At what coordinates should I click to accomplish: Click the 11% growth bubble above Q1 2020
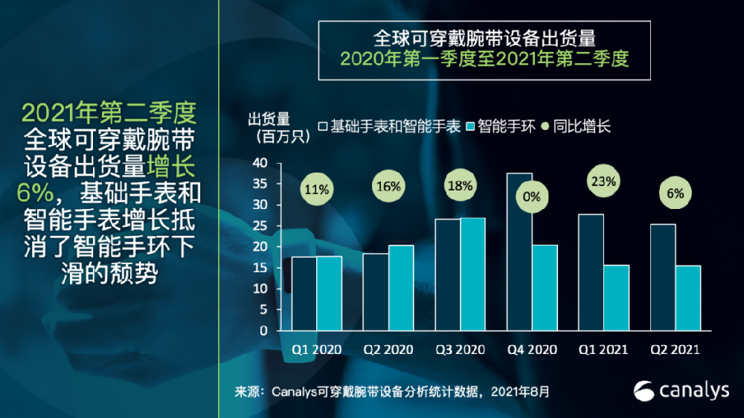tap(316, 189)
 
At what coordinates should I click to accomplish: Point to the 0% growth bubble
tap(531, 197)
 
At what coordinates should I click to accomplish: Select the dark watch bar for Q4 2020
tap(519, 252)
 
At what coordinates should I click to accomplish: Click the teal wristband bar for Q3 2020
tap(472, 274)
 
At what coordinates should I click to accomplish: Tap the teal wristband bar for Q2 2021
tap(688, 298)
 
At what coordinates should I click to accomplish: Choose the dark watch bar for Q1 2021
tap(591, 272)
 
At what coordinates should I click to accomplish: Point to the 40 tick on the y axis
tap(260, 163)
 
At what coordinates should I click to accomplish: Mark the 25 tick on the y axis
tap(260, 226)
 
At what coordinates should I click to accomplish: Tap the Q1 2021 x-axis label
tap(603, 350)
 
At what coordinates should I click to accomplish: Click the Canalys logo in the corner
tap(682, 390)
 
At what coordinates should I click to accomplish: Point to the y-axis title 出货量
tap(269, 119)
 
